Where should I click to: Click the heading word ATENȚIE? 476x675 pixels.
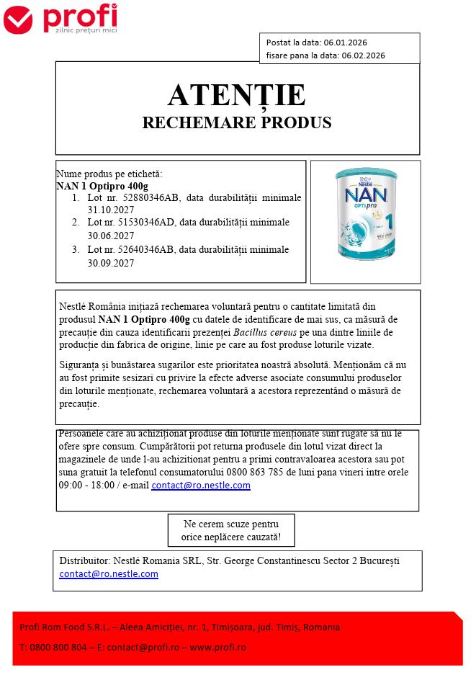click(x=237, y=95)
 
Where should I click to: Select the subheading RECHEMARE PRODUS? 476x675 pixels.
click(x=237, y=122)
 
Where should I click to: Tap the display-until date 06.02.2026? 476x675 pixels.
click(x=363, y=55)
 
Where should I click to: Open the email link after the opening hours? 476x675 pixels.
click(x=201, y=486)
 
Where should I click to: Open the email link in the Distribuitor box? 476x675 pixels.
click(x=109, y=574)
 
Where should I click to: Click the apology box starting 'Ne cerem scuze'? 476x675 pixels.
click(x=231, y=530)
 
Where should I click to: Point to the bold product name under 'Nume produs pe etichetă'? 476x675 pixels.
click(x=102, y=186)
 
